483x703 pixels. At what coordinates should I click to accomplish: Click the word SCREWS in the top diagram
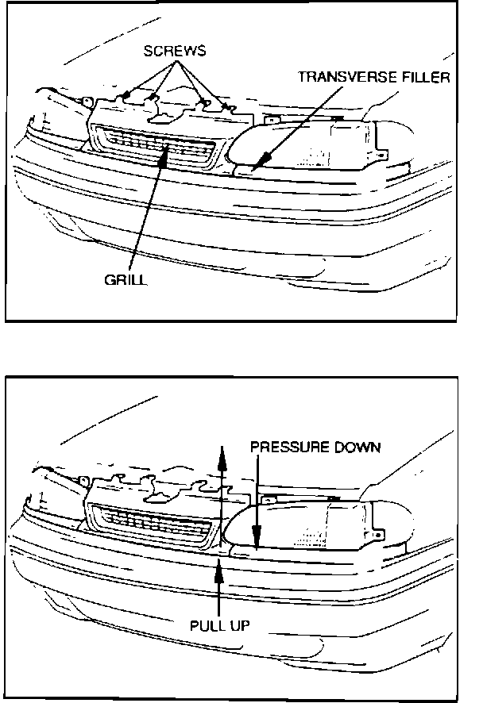(x=175, y=51)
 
